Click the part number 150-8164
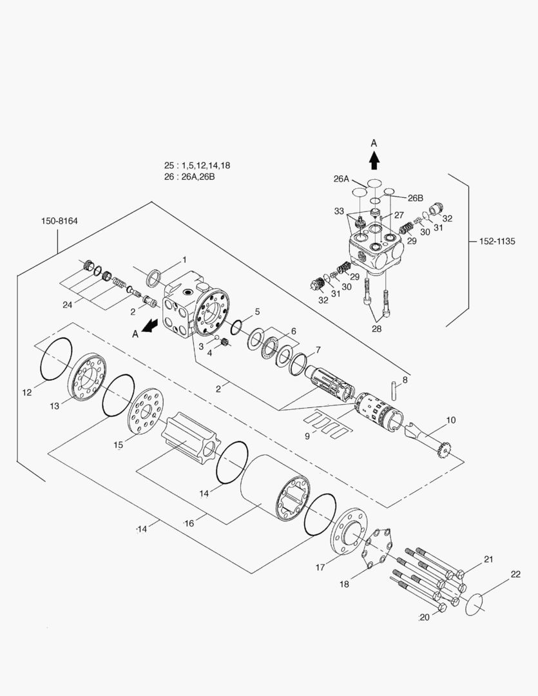[x=59, y=221]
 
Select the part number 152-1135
[x=497, y=242]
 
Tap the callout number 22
[x=515, y=574]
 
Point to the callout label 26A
[x=341, y=179]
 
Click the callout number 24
[x=67, y=305]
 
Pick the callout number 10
[x=450, y=420]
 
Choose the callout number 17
[x=320, y=567]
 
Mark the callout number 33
[x=339, y=211]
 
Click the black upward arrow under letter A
[x=374, y=160]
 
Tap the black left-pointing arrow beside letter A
[x=150, y=326]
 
